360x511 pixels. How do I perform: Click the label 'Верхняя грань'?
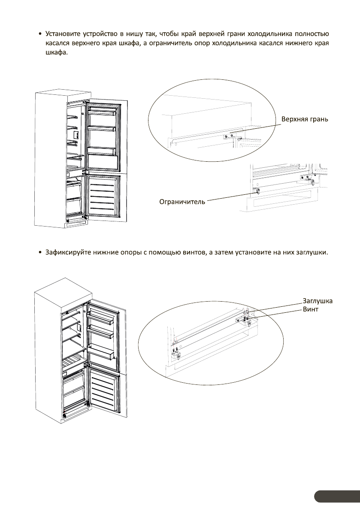pyautogui.click(x=305, y=119)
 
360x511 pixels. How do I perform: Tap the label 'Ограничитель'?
pyautogui.click(x=182, y=201)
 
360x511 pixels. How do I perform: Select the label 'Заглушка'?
pyautogui.click(x=318, y=301)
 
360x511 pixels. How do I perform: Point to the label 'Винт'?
pyautogui.click(x=311, y=309)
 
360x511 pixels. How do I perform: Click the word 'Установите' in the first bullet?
pyautogui.click(x=65, y=34)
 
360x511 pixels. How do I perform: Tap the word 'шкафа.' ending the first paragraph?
pyautogui.click(x=57, y=53)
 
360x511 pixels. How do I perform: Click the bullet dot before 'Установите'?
pyautogui.click(x=40, y=34)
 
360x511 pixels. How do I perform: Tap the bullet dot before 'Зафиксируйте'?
pyautogui.click(x=40, y=252)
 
